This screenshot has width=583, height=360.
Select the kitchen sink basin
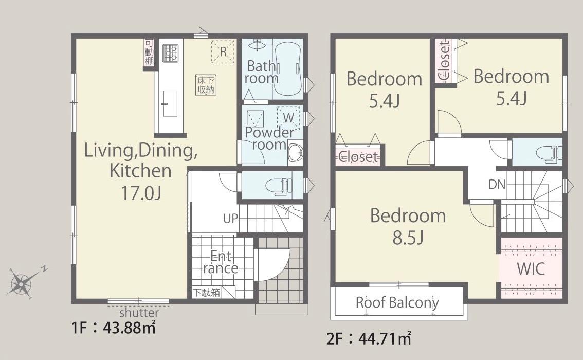170,103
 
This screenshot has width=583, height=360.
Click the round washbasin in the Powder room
295,152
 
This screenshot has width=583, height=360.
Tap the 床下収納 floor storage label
206,85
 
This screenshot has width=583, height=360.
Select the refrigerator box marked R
223,51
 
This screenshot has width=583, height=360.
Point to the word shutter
139,312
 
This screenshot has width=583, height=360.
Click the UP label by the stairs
230,218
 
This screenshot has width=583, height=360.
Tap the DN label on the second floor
497,184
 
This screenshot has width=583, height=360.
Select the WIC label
531,268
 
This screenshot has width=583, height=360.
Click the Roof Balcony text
397,303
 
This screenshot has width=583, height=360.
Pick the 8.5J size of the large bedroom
408,238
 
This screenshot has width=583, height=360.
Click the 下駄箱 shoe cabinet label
206,292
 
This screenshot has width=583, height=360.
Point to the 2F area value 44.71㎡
385,339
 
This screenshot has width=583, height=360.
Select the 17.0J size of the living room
140,193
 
